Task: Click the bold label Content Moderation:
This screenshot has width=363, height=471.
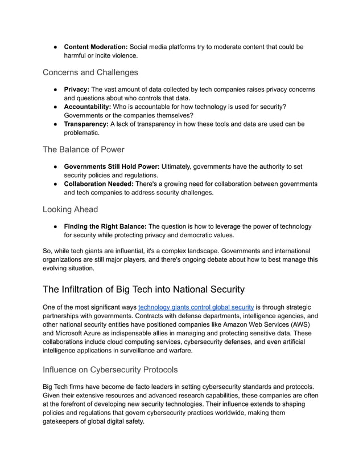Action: [x=96, y=47]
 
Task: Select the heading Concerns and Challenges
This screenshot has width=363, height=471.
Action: [x=90, y=72]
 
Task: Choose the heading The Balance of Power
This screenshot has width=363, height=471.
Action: [x=83, y=149]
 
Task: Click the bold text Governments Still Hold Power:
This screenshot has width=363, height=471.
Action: [x=112, y=167]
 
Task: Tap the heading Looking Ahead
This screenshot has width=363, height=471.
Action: [x=70, y=209]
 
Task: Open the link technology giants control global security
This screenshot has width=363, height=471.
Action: [x=196, y=307]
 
